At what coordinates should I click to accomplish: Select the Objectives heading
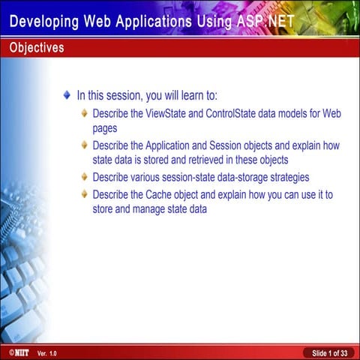36,48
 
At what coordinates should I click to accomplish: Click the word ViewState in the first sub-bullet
162,113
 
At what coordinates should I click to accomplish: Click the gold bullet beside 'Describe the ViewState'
85,113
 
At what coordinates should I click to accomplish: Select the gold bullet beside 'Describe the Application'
85,145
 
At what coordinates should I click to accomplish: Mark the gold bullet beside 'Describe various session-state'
85,177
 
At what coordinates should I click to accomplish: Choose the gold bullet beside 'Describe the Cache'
85,195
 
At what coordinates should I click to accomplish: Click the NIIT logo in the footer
15,352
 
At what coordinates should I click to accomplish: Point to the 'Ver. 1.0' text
46,352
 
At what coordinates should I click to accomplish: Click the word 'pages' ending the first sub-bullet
105,127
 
